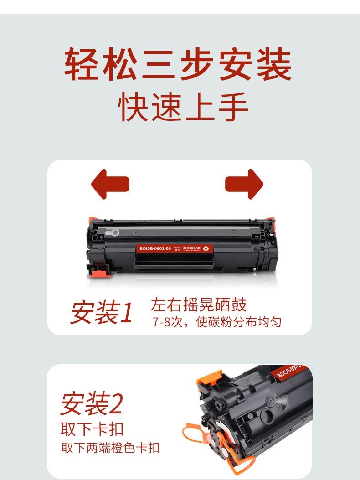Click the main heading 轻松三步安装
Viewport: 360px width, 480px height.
[x=178, y=65]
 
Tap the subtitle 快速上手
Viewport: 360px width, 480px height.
[x=183, y=108]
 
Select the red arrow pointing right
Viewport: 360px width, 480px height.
[x=244, y=184]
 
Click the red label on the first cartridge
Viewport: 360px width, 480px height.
[x=175, y=248]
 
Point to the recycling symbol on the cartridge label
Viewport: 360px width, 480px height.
[x=206, y=248]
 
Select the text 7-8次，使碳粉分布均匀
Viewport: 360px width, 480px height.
[x=216, y=322]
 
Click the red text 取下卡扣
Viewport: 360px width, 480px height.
[x=92, y=428]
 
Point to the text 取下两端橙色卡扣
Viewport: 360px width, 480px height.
[x=110, y=447]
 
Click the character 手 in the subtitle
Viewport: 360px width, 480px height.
[x=233, y=108]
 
